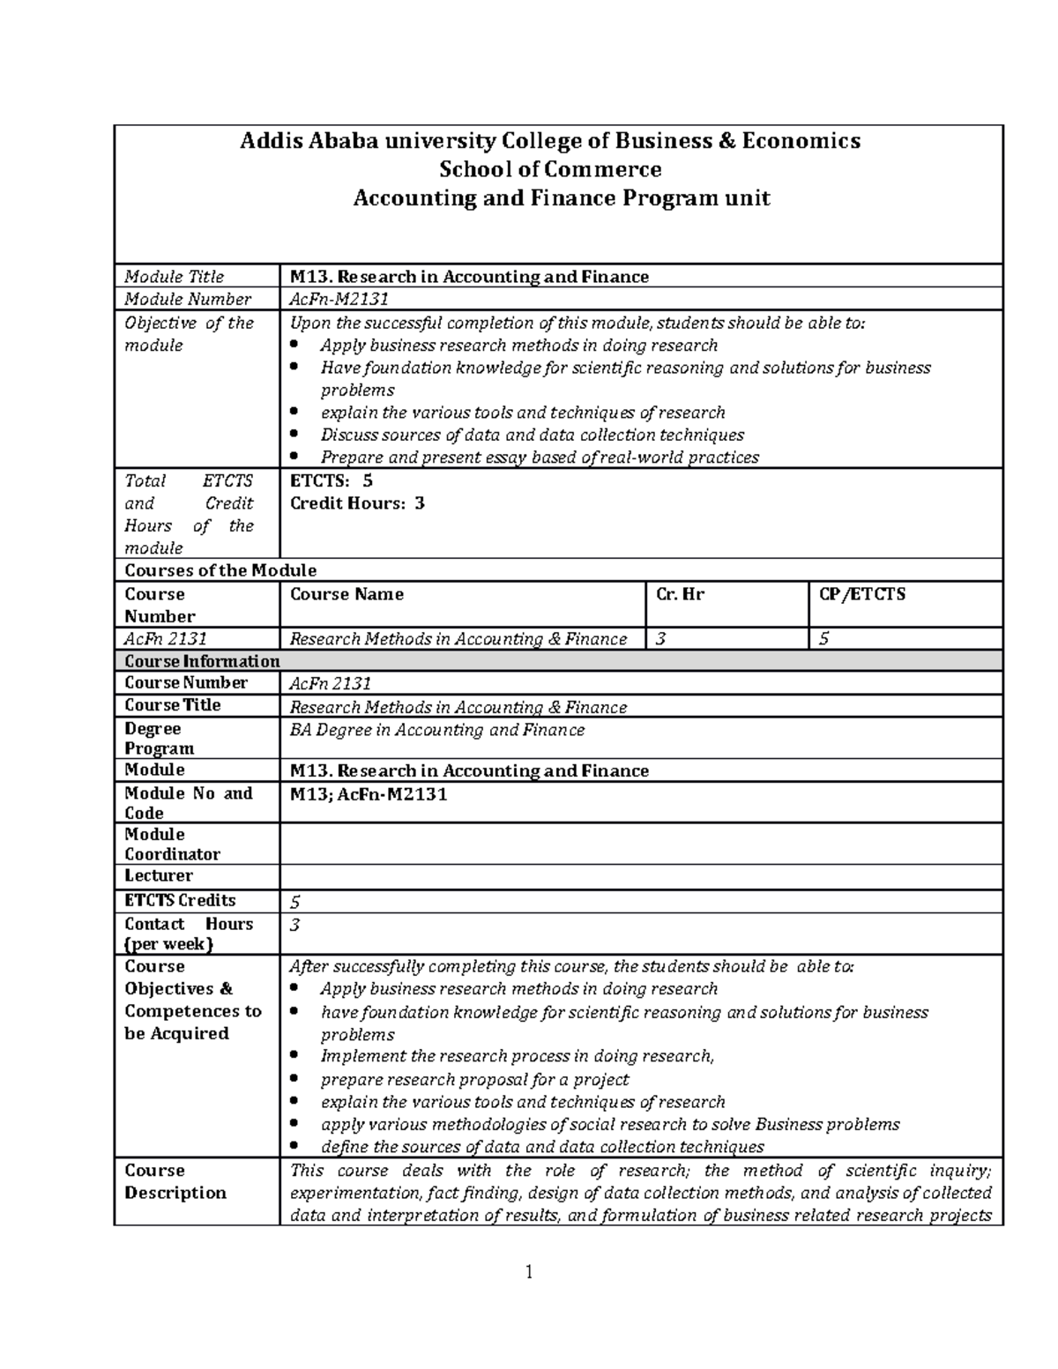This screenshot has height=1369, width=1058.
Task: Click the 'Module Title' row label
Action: coord(175,277)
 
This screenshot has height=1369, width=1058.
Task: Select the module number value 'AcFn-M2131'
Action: coord(339,300)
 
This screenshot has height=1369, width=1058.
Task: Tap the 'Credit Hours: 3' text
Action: coord(357,503)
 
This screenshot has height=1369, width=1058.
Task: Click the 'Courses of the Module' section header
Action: coord(220,570)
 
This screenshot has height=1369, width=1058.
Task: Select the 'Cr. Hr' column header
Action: coord(680,594)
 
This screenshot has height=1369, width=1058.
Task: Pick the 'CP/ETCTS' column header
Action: coord(861,594)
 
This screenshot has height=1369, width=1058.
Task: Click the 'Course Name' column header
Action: coord(346,594)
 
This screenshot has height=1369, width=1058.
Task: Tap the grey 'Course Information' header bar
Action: coord(557,661)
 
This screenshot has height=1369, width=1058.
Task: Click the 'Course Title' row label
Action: coord(173,705)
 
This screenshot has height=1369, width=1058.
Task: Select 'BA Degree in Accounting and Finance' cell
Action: coord(437,730)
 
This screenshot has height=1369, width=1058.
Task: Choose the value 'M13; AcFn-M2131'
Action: coord(369,794)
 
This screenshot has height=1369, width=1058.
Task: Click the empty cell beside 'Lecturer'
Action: coord(640,876)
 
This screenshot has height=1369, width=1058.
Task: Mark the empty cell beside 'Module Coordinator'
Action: coord(640,844)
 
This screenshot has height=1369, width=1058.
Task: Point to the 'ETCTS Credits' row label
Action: coord(180,900)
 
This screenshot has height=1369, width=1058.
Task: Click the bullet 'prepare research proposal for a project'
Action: coord(474,1080)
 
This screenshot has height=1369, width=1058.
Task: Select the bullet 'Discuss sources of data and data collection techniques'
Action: coord(532,435)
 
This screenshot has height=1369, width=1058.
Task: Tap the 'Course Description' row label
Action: coord(175,1181)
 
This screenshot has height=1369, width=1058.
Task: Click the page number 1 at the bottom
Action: coord(529,1271)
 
